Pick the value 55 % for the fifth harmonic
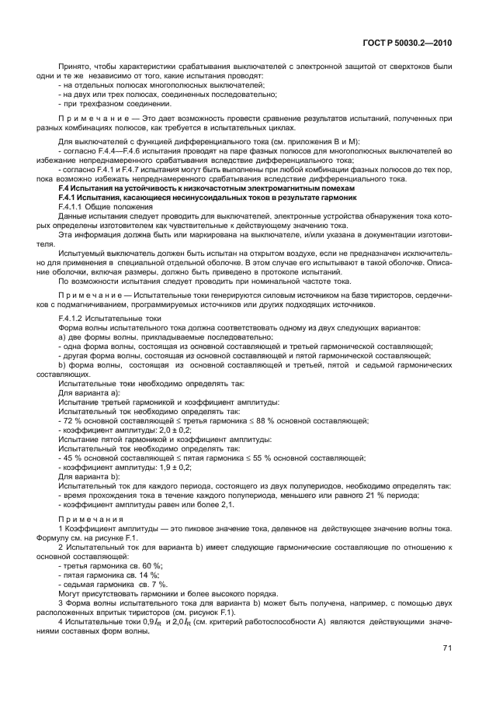276,458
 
